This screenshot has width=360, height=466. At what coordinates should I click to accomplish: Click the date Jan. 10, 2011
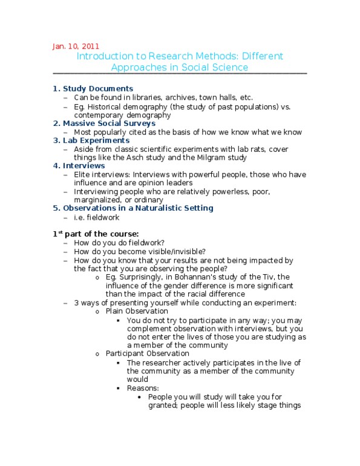click(76, 46)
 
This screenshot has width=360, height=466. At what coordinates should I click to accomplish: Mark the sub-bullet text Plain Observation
click(137, 311)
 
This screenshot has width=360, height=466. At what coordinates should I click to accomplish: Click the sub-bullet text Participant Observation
click(147, 353)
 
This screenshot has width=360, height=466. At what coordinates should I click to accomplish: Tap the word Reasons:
click(143, 388)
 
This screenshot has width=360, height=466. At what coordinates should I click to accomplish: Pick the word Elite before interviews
click(83, 174)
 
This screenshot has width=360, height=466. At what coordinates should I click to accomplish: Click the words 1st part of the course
click(96, 234)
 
